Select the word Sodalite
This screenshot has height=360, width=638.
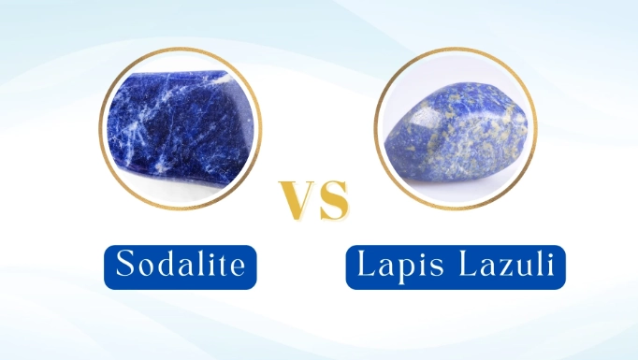tap(179, 265)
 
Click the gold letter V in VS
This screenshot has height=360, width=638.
tap(297, 201)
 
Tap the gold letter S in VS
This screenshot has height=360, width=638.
tap(333, 201)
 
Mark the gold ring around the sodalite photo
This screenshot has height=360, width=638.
tap(102, 127)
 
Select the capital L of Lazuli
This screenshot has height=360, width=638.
tap(460, 265)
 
